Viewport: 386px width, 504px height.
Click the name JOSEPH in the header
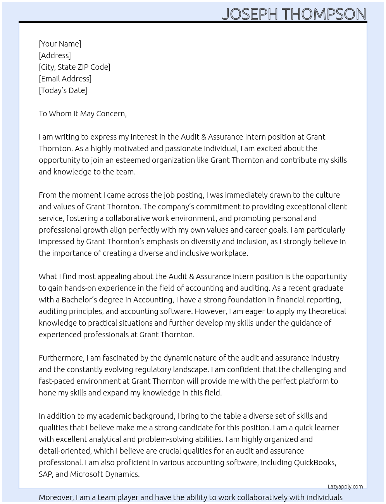(x=250, y=14)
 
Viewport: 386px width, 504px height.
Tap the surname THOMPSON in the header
(x=324, y=14)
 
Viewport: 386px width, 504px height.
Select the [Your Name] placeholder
(x=60, y=44)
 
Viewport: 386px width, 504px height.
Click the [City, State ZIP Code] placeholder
(x=74, y=67)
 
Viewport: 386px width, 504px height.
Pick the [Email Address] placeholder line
(x=65, y=79)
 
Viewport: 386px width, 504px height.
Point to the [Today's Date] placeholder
(x=63, y=90)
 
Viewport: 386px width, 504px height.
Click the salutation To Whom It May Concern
(x=83, y=114)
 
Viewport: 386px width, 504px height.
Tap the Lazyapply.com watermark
(x=345, y=487)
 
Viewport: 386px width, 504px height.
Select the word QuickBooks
(x=314, y=463)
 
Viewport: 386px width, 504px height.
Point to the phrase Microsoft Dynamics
(x=104, y=474)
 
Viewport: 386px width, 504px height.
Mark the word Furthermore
(x=61, y=358)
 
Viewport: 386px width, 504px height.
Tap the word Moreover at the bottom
(x=56, y=497)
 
